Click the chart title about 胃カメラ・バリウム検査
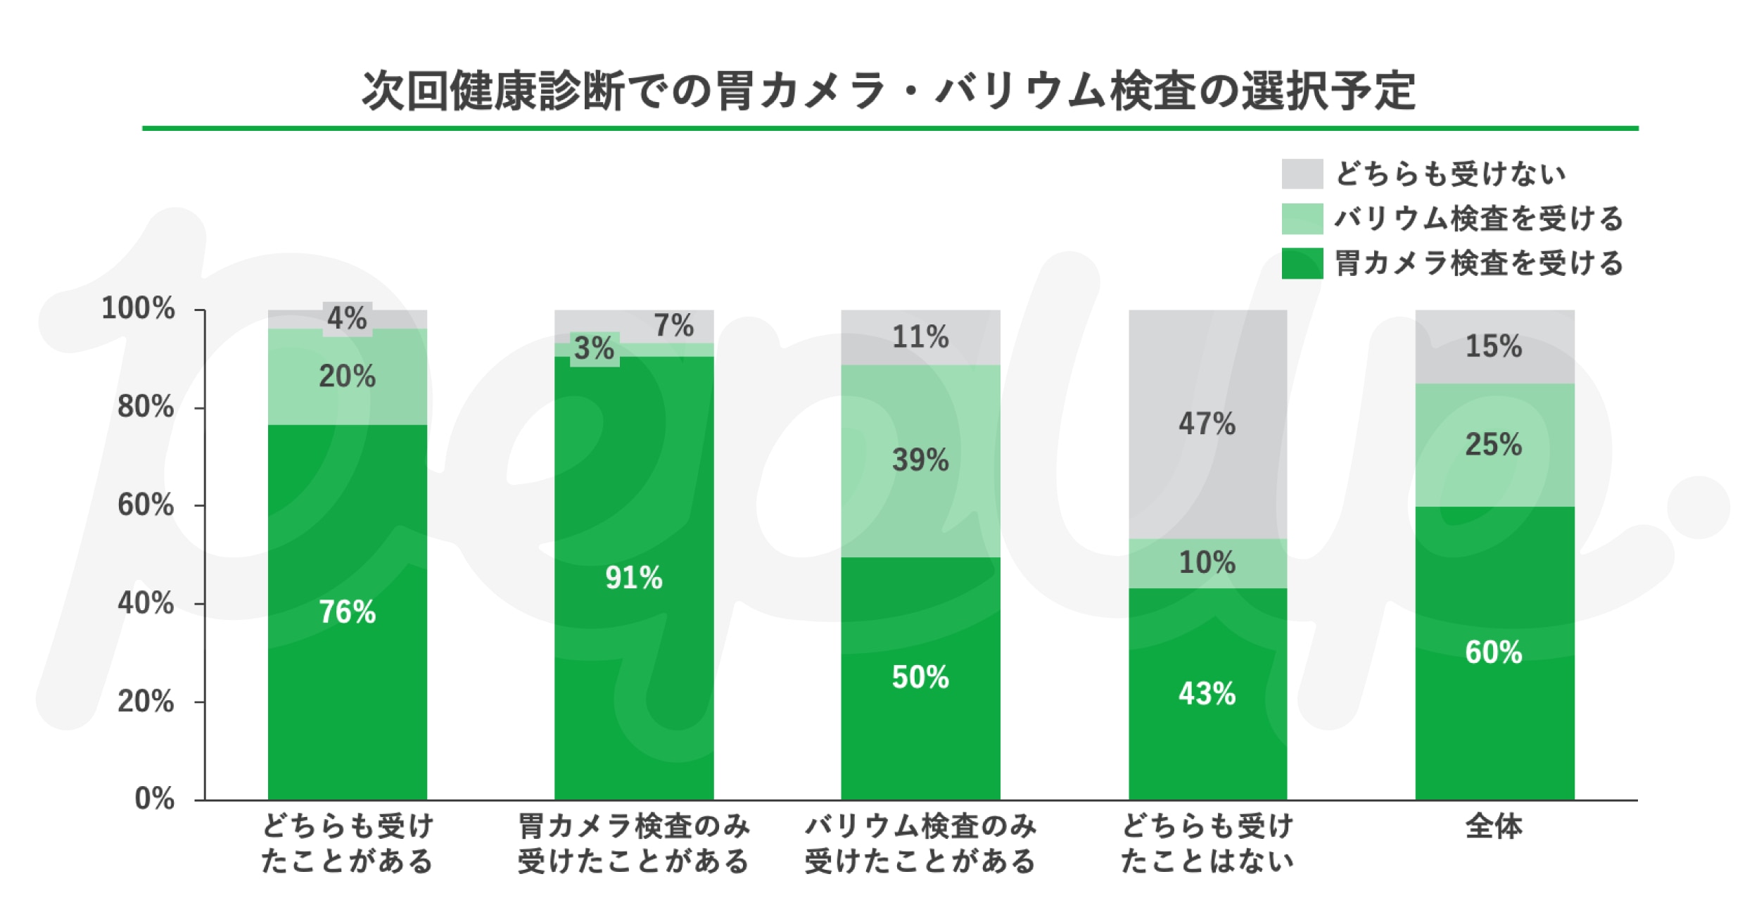[x=889, y=91]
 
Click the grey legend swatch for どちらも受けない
[x=1302, y=174]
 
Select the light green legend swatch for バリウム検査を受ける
[x=1302, y=219]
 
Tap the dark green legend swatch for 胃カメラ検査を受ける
[x=1302, y=263]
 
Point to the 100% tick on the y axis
[x=139, y=308]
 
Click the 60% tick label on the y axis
[x=146, y=505]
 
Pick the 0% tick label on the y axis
[x=155, y=799]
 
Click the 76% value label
[x=347, y=612]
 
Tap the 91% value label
[x=633, y=578]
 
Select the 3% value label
[x=594, y=348]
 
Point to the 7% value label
[x=673, y=326]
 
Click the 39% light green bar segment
[x=920, y=493]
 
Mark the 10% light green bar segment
[x=1207, y=563]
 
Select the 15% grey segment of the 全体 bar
[x=1494, y=346]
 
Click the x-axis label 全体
[x=1494, y=826]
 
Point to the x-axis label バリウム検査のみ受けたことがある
[x=920, y=843]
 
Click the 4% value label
[x=347, y=319]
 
